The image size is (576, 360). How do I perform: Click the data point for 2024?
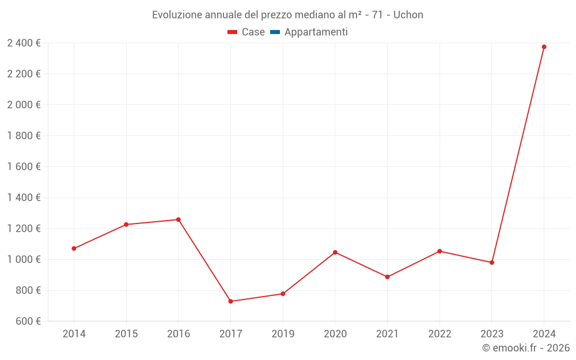[544, 47]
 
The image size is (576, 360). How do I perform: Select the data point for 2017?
[230, 301]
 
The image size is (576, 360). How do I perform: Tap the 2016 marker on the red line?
[179, 219]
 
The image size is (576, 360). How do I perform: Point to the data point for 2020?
[335, 252]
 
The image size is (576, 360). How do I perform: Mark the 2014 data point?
[74, 248]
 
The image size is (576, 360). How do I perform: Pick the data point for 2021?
[387, 277]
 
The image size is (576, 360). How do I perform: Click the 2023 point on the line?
[492, 263]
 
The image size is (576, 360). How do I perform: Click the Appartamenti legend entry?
[316, 32]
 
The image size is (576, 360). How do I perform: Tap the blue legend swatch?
[275, 32]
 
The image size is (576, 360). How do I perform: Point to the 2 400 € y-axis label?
[24, 43]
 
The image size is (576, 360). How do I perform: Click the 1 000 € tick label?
[24, 259]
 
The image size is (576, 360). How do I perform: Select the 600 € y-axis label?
[27, 321]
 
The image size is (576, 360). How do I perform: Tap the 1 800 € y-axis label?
[24, 135]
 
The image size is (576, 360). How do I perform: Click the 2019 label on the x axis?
[283, 334]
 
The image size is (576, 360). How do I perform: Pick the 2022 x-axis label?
[439, 334]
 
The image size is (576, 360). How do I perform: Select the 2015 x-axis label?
[126, 334]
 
